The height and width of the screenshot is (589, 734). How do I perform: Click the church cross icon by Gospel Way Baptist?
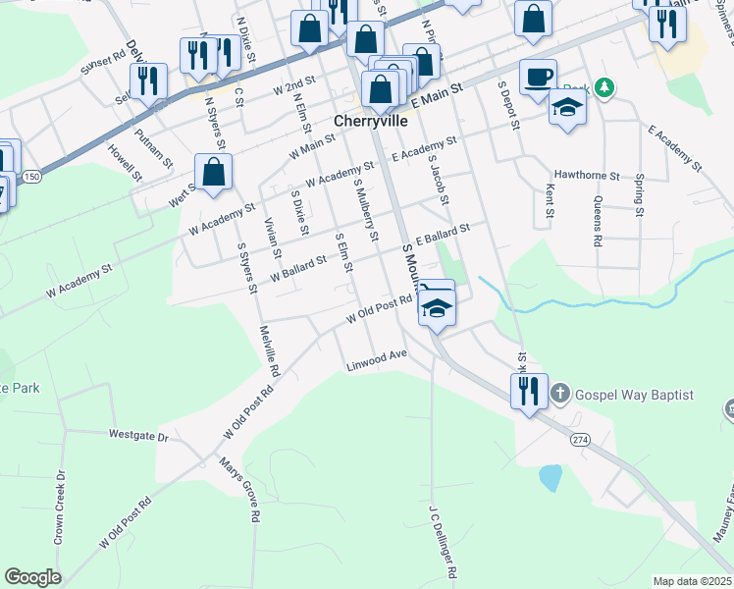click(x=559, y=395)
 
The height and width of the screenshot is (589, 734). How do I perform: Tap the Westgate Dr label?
click(x=138, y=434)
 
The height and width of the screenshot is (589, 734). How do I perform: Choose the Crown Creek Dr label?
click(x=60, y=508)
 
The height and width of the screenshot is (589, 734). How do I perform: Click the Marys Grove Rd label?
click(x=240, y=490)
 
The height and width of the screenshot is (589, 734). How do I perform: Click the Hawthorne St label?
click(x=587, y=177)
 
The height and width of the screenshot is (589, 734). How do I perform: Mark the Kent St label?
click(x=550, y=199)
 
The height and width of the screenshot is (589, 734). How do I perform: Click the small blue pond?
click(x=550, y=478)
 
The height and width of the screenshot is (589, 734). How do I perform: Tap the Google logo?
click(x=33, y=577)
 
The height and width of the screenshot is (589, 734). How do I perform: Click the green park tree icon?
click(x=605, y=88)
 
